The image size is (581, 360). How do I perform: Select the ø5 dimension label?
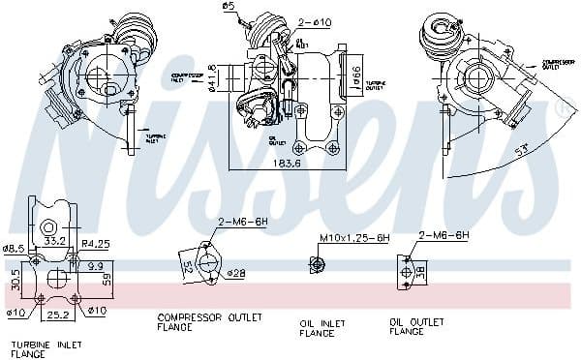point(229,8)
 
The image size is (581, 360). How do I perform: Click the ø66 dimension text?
point(355,72)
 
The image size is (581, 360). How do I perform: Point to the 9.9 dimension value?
point(95,264)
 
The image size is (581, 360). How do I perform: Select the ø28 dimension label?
point(236,274)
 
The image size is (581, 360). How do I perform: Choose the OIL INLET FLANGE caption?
point(321,327)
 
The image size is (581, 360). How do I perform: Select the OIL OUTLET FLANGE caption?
point(419,327)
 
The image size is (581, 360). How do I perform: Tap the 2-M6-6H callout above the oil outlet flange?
point(443,235)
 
